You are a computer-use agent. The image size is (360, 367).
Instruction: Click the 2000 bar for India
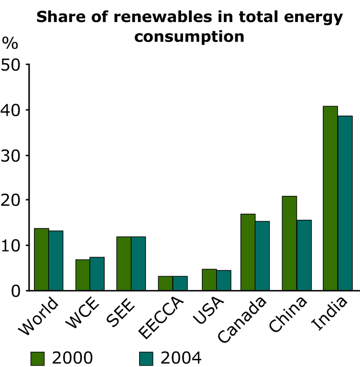point(330,198)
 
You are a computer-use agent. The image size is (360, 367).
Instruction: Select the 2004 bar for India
point(345,203)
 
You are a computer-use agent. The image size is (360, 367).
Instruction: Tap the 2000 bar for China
point(289,243)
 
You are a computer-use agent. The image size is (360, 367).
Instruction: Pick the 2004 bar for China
point(304,255)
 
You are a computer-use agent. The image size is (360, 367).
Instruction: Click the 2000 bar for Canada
point(248,252)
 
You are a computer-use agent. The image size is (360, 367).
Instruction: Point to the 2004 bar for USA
point(224,281)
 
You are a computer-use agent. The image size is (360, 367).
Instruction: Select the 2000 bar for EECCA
point(165,283)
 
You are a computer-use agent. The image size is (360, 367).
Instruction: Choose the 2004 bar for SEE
point(138,264)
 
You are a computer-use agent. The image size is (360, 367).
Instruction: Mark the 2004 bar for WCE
point(97,274)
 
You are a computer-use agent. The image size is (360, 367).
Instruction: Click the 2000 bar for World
point(42,259)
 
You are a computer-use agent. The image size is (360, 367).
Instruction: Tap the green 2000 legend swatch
point(37,358)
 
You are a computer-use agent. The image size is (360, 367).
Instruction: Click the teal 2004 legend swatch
point(146,358)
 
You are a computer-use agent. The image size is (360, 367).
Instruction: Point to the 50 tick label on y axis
point(11,65)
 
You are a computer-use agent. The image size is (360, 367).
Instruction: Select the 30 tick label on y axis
point(11,156)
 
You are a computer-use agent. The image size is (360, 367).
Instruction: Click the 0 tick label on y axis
point(15,291)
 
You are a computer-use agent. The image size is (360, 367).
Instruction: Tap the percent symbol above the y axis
point(10,43)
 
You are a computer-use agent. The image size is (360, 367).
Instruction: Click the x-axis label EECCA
point(161,318)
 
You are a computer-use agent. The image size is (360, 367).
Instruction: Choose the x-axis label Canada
point(242,320)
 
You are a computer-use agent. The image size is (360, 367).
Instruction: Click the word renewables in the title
point(163,17)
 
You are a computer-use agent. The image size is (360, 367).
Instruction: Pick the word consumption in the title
point(189,37)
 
